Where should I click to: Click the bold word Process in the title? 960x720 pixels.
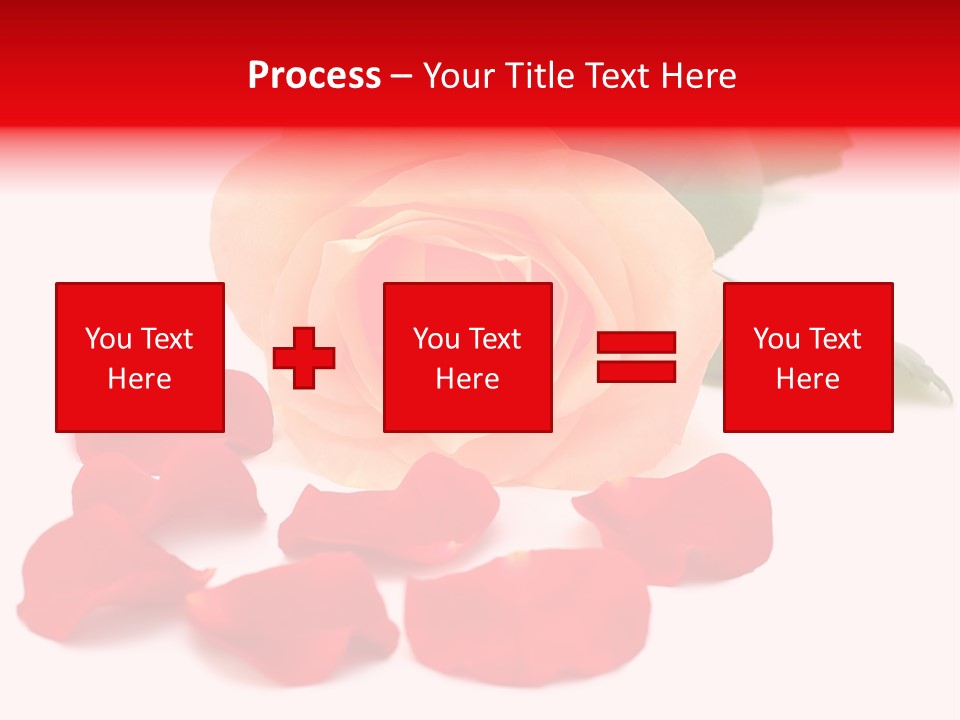click(314, 76)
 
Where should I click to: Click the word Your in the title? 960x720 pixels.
click(459, 76)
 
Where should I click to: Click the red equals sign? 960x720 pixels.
click(636, 357)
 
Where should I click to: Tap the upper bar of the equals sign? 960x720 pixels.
click(636, 343)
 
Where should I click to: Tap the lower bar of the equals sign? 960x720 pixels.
click(636, 371)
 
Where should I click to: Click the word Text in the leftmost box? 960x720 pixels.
click(166, 339)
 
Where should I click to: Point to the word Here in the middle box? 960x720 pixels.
click(468, 379)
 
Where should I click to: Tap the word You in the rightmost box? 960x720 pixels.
click(776, 339)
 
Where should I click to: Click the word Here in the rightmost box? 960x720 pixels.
click(808, 379)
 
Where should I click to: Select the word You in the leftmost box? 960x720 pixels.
click(108, 339)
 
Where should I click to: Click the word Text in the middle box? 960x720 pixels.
click(494, 339)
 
